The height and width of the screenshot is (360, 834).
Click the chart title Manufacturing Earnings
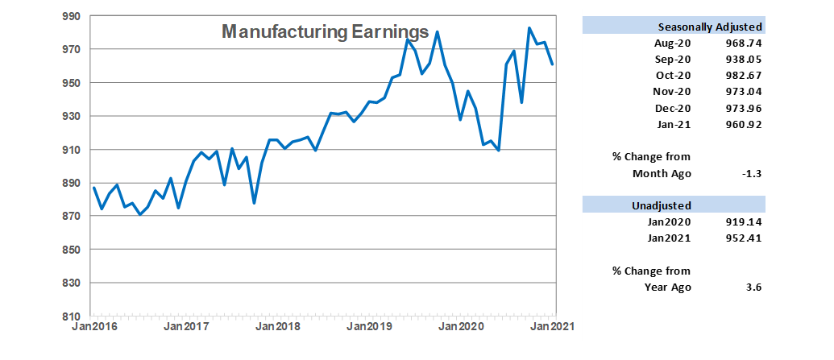325,31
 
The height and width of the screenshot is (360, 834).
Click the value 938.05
743,59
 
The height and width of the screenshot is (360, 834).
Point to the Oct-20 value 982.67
743,76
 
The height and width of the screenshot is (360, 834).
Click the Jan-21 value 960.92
743,124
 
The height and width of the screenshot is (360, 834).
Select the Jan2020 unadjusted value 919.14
743,222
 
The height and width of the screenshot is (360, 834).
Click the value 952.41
743,238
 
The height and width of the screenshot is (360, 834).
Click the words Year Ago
668,288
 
